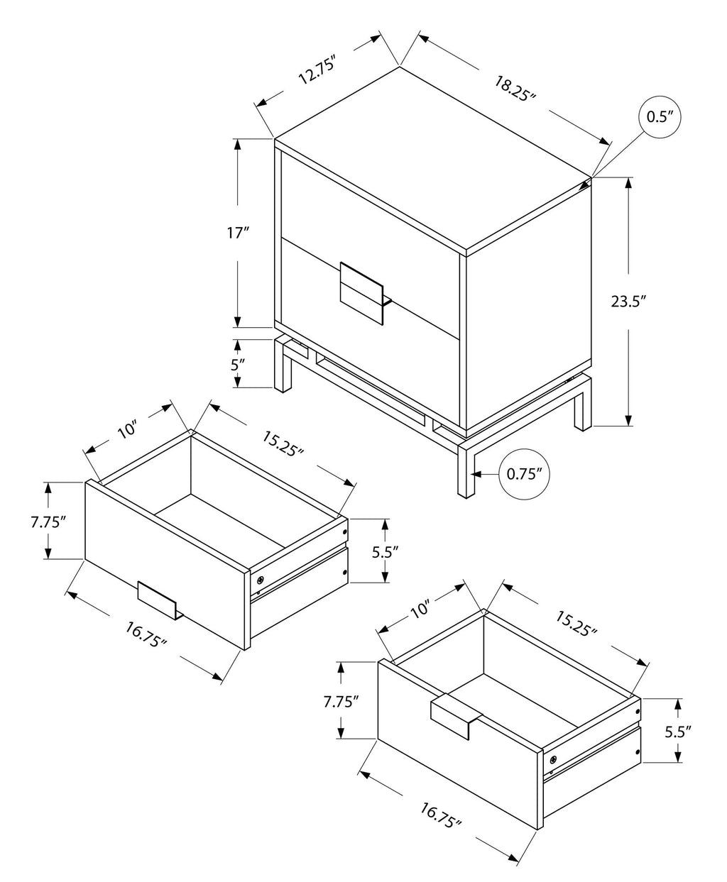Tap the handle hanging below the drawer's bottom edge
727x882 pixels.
pos(160,599)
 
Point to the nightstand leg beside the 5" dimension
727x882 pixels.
pos(284,365)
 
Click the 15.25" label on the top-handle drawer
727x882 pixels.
pos(575,621)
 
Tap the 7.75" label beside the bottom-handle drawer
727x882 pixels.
pos(48,522)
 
